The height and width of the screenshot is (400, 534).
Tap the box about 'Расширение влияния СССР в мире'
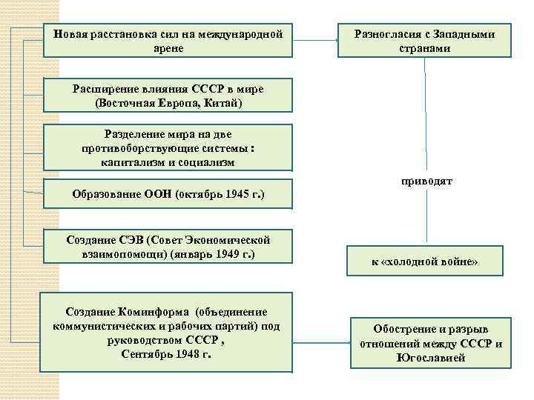168,96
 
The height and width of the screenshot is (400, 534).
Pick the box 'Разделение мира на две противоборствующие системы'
168,147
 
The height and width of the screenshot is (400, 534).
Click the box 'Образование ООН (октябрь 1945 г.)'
168,194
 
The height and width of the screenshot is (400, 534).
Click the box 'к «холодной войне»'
425,261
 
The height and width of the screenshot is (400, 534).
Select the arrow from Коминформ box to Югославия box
322,344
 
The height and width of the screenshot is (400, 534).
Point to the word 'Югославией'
432,357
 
